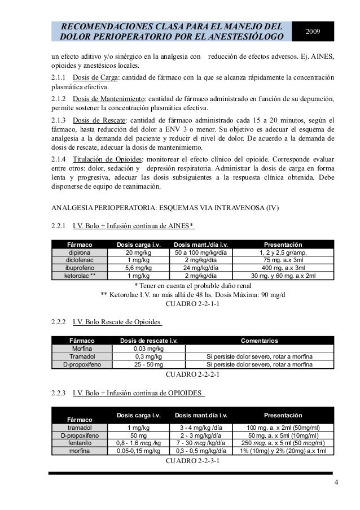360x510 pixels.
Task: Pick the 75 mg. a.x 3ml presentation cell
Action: point(283,260)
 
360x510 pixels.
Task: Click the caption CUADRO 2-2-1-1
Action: point(191,304)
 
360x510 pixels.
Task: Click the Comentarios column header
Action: point(259,341)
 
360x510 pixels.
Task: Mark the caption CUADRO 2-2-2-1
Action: point(191,374)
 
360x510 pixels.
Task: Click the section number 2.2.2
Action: point(59,322)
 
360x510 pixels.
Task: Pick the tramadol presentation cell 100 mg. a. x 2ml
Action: point(283,428)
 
